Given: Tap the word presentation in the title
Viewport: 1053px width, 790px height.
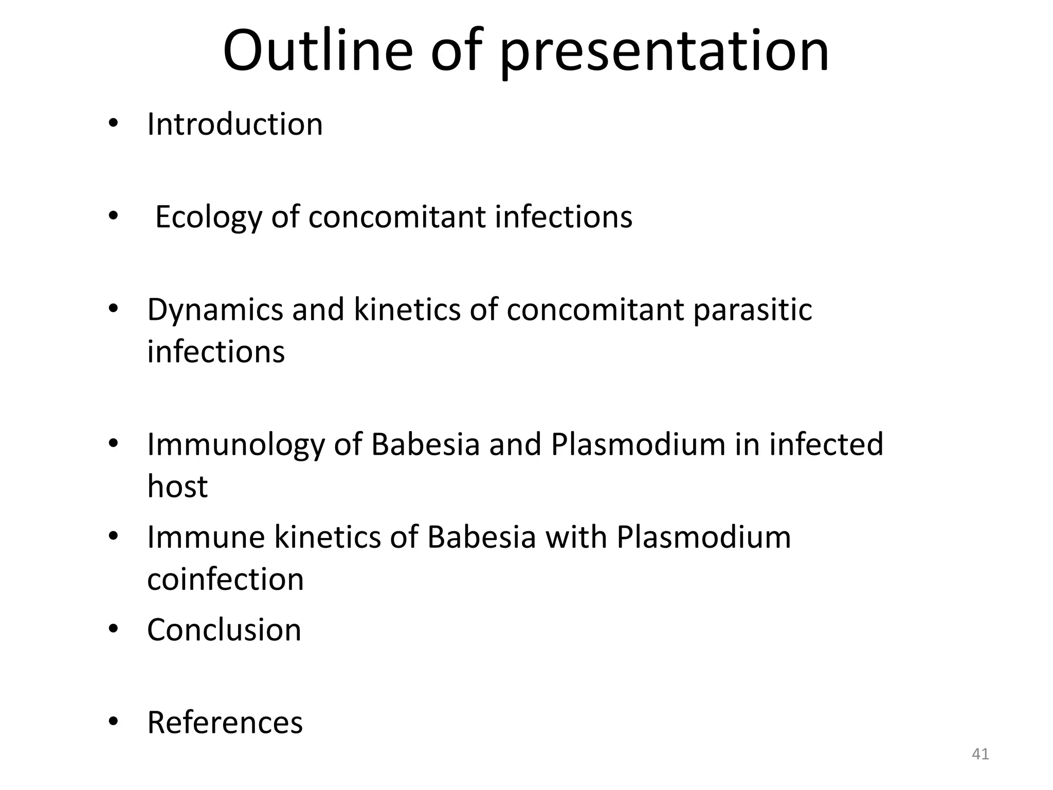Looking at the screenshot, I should (x=664, y=53).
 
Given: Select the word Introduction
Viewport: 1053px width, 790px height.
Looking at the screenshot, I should (x=235, y=124).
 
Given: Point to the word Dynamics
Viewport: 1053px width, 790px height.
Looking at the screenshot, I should (x=215, y=311).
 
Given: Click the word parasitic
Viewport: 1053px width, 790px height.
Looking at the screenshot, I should (x=752, y=311).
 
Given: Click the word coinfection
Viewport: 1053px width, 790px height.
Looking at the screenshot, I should (x=225, y=579).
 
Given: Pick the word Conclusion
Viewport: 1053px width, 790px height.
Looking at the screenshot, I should (x=224, y=630).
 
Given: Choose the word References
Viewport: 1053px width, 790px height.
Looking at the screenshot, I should (x=225, y=723).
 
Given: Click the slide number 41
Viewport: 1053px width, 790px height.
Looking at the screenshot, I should (x=980, y=754).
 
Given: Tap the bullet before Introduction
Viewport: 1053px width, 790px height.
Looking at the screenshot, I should (x=113, y=124).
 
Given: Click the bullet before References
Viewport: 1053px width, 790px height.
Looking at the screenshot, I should (x=113, y=722).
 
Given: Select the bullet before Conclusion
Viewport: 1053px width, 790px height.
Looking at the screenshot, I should (x=113, y=630).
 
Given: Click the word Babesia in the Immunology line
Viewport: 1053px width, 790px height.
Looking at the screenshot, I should (x=425, y=444).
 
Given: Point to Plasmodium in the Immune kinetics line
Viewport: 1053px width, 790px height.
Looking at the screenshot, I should (x=703, y=537).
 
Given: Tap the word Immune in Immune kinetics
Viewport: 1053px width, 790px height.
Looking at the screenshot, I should (x=206, y=537).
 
